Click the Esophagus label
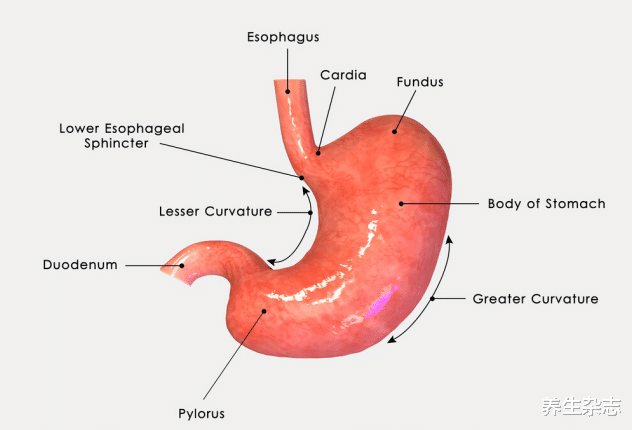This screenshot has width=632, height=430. coord(283,37)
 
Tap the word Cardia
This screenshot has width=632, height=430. coord(343,75)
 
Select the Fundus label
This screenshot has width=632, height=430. coord(419,82)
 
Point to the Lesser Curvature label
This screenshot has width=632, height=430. coord(215,212)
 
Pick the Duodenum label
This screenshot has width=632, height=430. coord(80,265)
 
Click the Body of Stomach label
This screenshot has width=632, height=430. coord(546,204)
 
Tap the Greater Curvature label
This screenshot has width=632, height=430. coord(535,299)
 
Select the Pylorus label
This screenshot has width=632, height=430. coord(203,413)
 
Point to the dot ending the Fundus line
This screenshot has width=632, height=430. coord(394,129)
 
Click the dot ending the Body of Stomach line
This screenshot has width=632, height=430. coord(402,203)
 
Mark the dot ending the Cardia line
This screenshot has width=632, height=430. coord(319,152)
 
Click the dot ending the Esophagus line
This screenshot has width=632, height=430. coord(288,92)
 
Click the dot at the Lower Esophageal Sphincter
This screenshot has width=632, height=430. coord(303,178)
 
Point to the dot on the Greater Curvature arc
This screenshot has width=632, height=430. coord(432,299)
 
